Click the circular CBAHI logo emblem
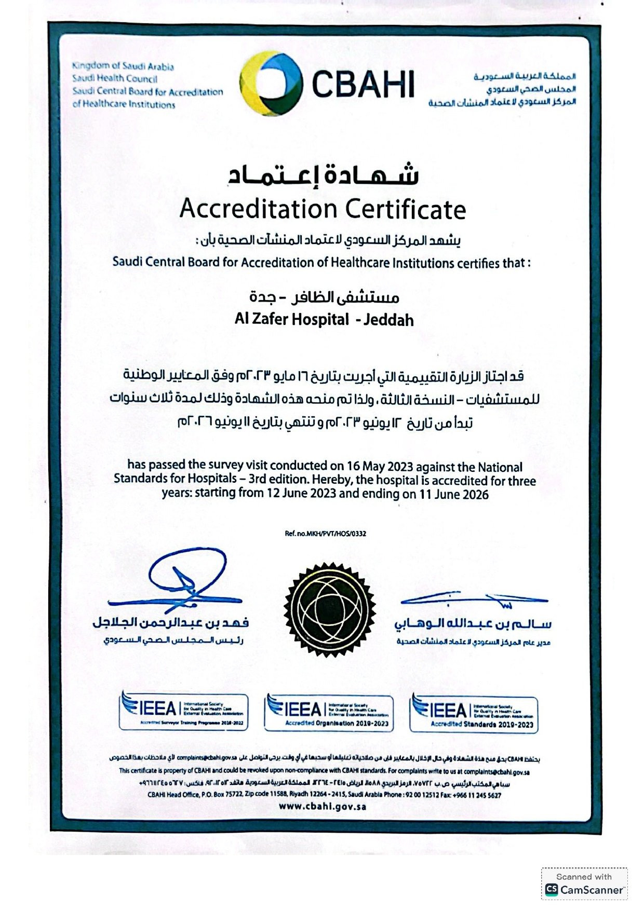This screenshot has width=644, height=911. (x=271, y=84)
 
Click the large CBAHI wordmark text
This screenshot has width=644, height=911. (x=363, y=84)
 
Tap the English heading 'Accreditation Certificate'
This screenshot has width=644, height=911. (x=323, y=209)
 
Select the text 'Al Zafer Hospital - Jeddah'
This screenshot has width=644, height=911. (x=324, y=319)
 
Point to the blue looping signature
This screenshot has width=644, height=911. (x=187, y=576)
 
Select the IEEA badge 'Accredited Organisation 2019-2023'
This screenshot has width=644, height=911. (x=328, y=713)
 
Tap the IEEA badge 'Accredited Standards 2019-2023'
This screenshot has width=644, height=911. (x=474, y=714)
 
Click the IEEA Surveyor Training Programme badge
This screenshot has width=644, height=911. (x=183, y=712)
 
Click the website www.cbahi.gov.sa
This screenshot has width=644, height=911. (x=323, y=806)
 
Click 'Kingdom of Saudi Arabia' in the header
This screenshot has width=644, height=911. (x=123, y=66)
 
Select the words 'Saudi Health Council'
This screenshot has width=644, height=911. (x=115, y=79)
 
